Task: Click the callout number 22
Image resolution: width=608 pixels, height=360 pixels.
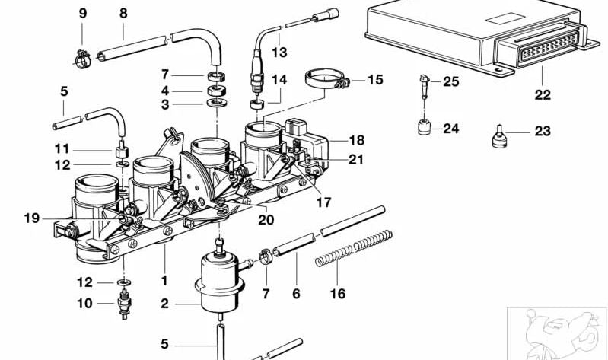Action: click(543, 96)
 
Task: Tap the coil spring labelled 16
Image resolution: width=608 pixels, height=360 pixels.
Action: click(354, 248)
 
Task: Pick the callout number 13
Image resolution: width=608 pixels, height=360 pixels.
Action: click(279, 53)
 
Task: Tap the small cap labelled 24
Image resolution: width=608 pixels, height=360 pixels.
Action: click(422, 127)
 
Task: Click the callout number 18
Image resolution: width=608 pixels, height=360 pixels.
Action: click(357, 141)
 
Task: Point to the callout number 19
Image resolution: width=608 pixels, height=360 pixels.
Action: click(31, 218)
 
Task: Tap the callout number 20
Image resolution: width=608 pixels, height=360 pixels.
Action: click(266, 220)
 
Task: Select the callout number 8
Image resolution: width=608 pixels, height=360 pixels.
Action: click(123, 13)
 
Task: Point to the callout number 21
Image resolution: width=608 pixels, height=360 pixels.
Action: click(356, 160)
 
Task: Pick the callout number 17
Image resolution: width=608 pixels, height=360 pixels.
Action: click(324, 203)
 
